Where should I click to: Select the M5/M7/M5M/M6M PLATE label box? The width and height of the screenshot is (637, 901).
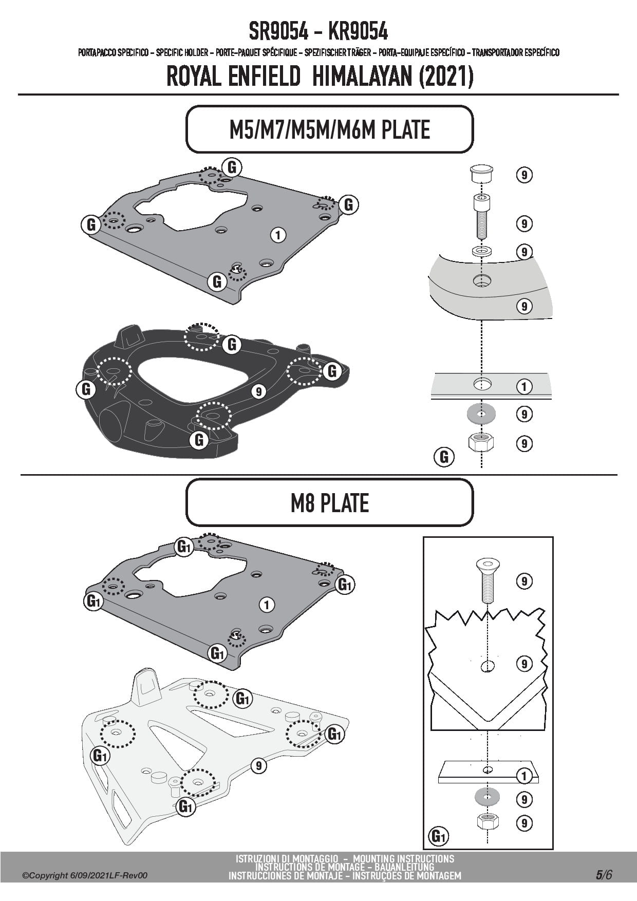coord(329,129)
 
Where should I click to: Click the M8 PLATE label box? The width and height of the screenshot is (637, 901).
coord(329,503)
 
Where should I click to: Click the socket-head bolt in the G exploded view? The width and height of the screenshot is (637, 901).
coord(481,216)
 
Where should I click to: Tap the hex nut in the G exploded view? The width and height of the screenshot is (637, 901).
coord(481,442)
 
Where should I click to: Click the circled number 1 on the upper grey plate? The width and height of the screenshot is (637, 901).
coord(278,235)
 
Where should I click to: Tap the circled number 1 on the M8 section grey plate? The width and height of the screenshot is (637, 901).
coord(267,605)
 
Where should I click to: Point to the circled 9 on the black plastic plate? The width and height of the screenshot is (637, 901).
coord(258,392)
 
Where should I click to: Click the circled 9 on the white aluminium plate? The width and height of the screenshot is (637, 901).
coord(258,766)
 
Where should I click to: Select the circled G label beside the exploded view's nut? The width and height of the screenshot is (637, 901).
coord(444,457)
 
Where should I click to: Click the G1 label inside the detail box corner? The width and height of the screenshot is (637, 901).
coord(438,837)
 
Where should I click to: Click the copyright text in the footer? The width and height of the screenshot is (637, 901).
coord(85,875)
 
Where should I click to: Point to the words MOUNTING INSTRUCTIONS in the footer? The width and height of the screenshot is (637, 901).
coord(403,858)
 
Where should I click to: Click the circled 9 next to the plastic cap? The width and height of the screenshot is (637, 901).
coord(524,175)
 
